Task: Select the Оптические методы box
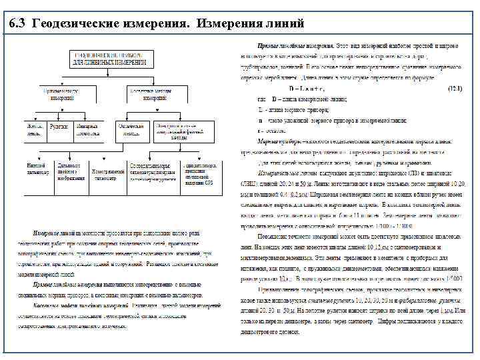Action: pos(131,131)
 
